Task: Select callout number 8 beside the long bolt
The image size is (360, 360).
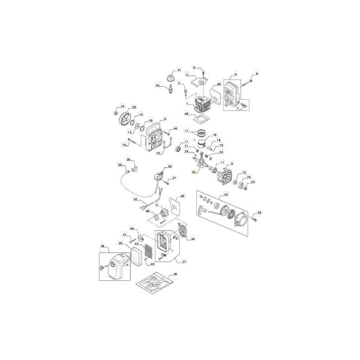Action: [257, 73]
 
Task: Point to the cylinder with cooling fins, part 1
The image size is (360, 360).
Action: [202, 105]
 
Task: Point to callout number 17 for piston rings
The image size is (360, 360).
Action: [186, 131]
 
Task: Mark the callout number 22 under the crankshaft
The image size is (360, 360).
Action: [193, 172]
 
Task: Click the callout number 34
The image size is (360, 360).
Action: [249, 177]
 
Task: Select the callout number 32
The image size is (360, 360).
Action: [135, 199]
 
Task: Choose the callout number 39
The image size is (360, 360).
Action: [121, 243]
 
